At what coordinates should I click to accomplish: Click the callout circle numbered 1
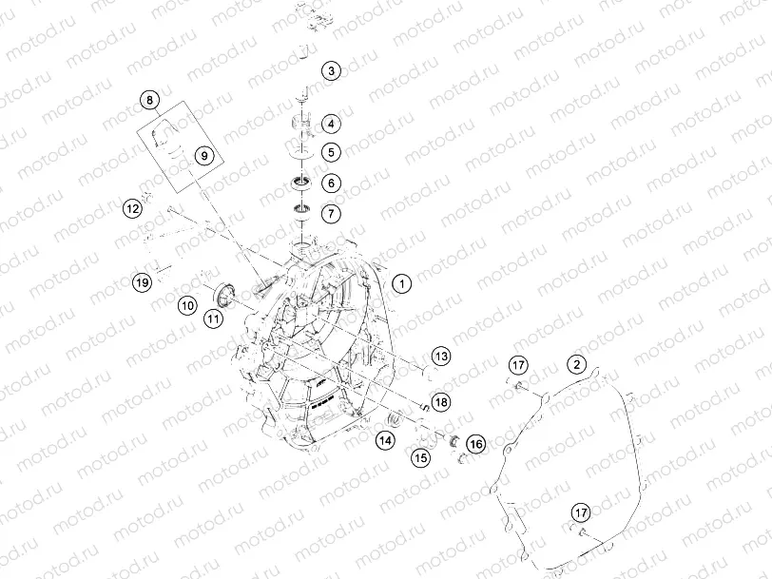click(x=402, y=283)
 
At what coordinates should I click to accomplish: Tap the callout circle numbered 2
click(x=576, y=365)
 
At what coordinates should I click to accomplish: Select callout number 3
click(x=331, y=71)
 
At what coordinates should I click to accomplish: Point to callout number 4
click(x=331, y=124)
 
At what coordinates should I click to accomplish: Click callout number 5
click(x=331, y=152)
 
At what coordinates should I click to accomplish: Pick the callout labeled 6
click(x=331, y=183)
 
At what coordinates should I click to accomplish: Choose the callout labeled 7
click(x=331, y=213)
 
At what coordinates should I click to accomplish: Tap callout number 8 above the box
click(x=149, y=100)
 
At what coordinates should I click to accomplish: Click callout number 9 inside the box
click(x=204, y=156)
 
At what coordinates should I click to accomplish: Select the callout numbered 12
click(x=132, y=208)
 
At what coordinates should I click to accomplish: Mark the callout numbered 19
click(x=143, y=282)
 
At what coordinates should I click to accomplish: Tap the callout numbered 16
click(x=475, y=444)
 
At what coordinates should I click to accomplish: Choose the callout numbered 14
click(x=385, y=439)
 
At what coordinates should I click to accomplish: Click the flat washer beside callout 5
click(x=301, y=153)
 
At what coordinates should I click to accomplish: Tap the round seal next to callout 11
click(x=225, y=295)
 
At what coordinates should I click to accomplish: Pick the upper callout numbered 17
click(x=518, y=365)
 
